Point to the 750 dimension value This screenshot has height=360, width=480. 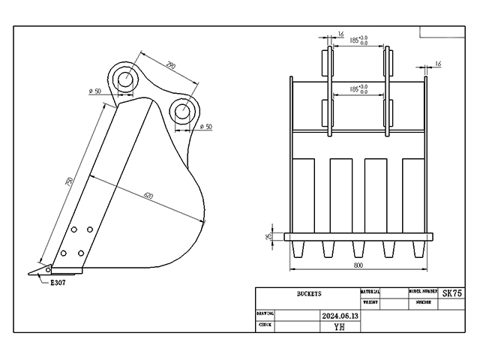[69, 183]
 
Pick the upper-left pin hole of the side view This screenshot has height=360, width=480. [124, 78]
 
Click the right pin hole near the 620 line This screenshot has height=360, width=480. [182, 112]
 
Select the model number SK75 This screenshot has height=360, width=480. [452, 293]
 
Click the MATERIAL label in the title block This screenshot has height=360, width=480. [370, 291]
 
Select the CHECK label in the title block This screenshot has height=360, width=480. [265, 325]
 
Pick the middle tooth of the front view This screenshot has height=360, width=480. [359, 249]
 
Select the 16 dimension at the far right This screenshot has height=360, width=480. [438, 64]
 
